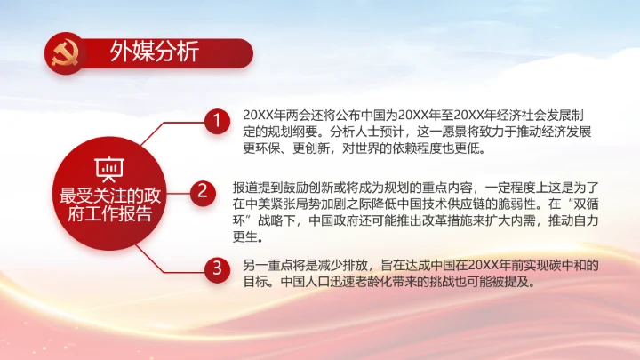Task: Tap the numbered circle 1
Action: pyautogui.click(x=213, y=124)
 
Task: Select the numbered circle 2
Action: pyautogui.click(x=203, y=189)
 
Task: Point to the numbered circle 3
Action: pyautogui.click(x=213, y=268)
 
